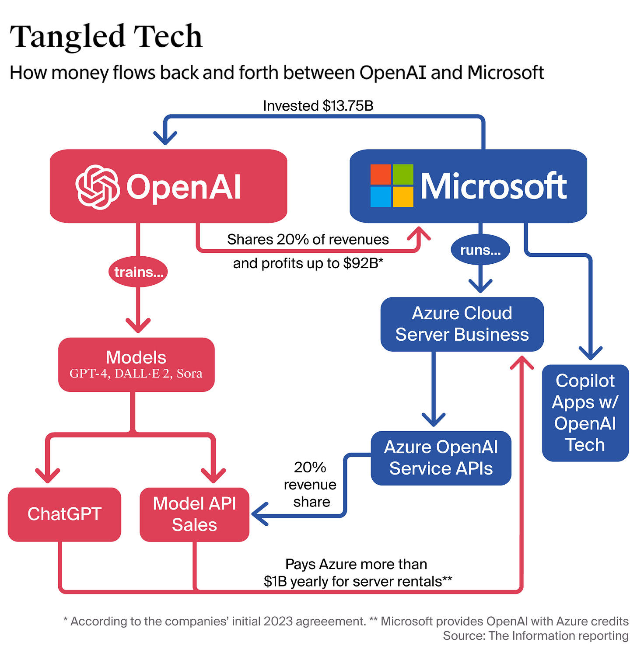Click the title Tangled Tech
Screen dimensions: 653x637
pos(106,37)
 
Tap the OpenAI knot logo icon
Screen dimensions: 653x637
pos(98,187)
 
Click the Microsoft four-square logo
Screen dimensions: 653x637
pos(392,185)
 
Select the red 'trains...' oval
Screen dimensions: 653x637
pos(138,272)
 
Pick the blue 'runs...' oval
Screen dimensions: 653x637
pos(480,250)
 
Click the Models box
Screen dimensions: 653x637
pos(136,364)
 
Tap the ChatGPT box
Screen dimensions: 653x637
pos(64,514)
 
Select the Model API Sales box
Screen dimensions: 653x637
pos(194,514)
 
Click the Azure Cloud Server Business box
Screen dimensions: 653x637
pos(462,324)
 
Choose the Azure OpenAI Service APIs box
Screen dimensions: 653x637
pos(441,458)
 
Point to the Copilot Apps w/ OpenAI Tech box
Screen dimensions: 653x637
pos(585,413)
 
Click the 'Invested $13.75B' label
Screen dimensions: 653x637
pos(318,106)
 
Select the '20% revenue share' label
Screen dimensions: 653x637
pos(310,485)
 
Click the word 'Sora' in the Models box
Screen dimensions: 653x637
pos(189,374)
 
